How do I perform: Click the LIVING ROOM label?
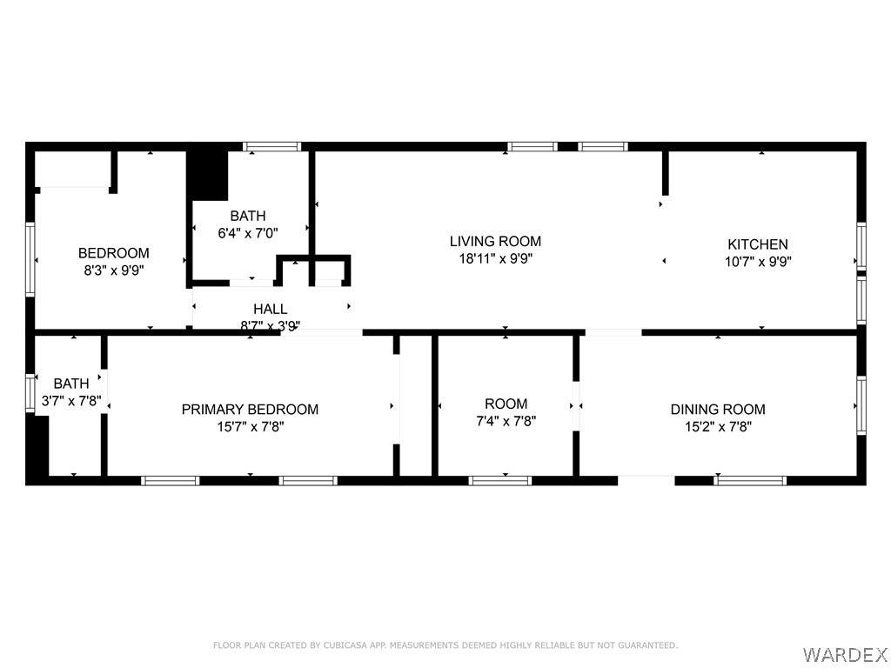495,242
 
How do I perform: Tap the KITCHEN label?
758,244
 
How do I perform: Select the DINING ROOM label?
718,410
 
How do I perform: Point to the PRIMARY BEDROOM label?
250,410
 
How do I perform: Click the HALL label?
270,309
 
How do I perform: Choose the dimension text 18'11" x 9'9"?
495,259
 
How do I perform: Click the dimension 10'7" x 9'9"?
758,262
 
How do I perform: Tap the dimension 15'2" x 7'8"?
718,426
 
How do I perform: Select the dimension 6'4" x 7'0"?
248,233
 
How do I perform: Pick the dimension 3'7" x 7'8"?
71,401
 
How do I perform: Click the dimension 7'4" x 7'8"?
506,421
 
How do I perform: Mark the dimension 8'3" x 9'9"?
114,271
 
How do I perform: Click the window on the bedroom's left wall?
30,259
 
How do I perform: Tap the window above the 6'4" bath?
272,146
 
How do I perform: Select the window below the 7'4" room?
500,480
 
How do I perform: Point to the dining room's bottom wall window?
750,480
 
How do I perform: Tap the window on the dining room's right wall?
861,405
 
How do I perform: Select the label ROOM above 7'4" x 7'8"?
506,404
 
